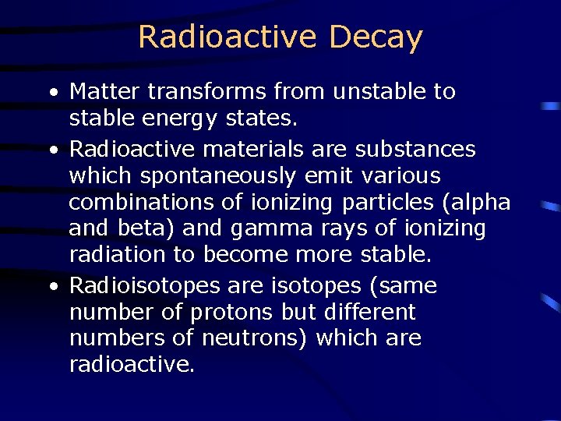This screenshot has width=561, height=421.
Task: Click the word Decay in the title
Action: pyautogui.click(x=376, y=37)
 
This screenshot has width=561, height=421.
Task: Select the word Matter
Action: pyautogui.click(x=106, y=91)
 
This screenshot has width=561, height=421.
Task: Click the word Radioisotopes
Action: pyautogui.click(x=145, y=286)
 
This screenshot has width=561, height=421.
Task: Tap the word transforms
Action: pyautogui.click(x=208, y=91)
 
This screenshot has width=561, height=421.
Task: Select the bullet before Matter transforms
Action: pyautogui.click(x=53, y=93)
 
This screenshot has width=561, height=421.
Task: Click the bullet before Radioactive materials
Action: pyautogui.click(x=53, y=150)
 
